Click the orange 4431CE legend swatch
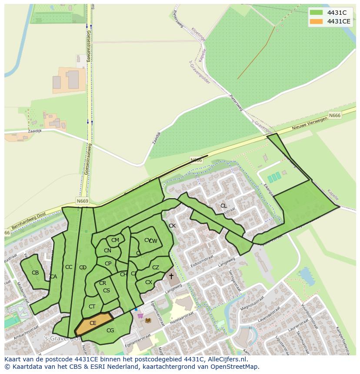pos(317,21)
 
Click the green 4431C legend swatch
pos(317,13)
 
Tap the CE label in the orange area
pos(93,323)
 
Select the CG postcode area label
pos(110,331)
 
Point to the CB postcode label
pos(35,273)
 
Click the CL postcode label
pos(223,206)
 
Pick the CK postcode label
pos(172,226)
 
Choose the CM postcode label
pos(115,240)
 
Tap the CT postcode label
pos(92,307)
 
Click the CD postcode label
pos(83,268)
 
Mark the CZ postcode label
pos(156,268)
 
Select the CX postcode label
pos(149,282)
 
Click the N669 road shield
pos(82,201)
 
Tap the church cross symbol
pos(171,276)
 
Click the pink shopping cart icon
pos(140,316)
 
